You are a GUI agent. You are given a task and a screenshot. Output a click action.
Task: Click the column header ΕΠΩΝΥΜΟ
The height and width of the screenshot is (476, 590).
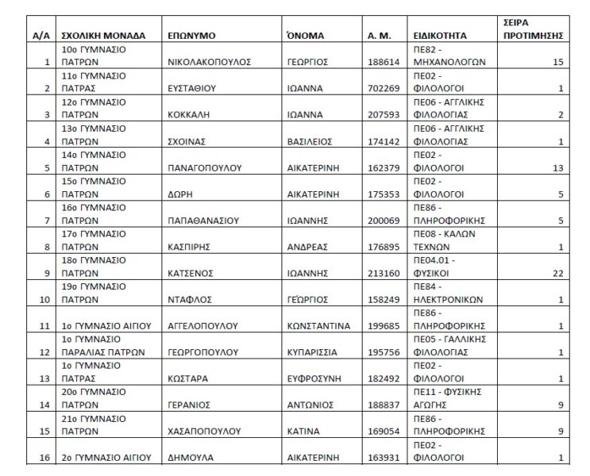(192, 36)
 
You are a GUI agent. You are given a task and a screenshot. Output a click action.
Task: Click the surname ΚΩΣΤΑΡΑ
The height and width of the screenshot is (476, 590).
(188, 378)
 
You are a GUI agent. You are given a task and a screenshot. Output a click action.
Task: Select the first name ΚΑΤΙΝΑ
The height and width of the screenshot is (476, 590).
(303, 432)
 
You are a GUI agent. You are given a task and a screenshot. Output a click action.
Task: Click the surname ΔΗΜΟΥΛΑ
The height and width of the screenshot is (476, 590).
(189, 458)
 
